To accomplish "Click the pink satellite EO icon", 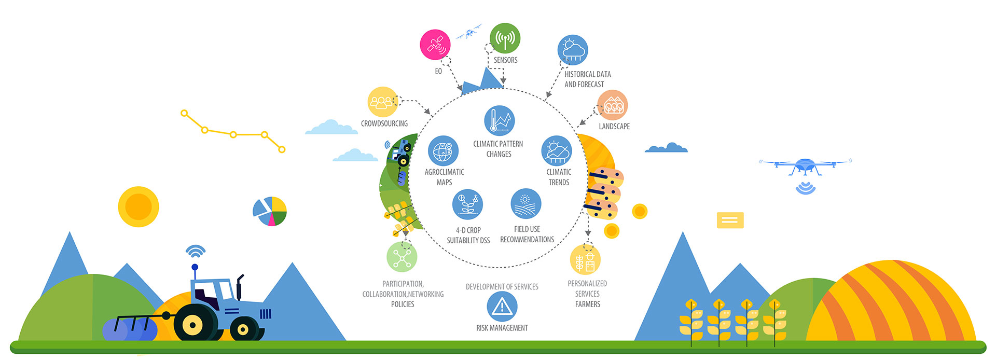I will point(435,45).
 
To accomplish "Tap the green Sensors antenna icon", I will point(505,38).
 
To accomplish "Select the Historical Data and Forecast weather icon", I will point(572,50).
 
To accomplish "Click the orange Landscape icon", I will point(612,105).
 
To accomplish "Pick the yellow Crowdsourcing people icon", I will point(383,102).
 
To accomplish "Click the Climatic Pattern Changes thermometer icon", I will point(499,121).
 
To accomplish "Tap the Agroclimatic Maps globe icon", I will point(443,151).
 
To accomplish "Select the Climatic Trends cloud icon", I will point(557,151).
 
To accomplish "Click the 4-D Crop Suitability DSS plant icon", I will point(467,204).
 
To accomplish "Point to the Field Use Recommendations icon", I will point(525,204).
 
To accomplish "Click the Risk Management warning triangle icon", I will point(502,307).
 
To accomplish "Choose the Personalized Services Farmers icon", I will point(585,259).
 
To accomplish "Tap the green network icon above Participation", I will point(402,257).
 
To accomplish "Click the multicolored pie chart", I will point(270,211).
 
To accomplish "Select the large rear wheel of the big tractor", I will point(192,324).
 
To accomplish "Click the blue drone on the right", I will point(805,167).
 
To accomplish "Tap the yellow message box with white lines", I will point(730,220).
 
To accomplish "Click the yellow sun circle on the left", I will point(139,207).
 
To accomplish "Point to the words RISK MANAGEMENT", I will point(502,328).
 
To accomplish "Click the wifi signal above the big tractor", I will point(195,251).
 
